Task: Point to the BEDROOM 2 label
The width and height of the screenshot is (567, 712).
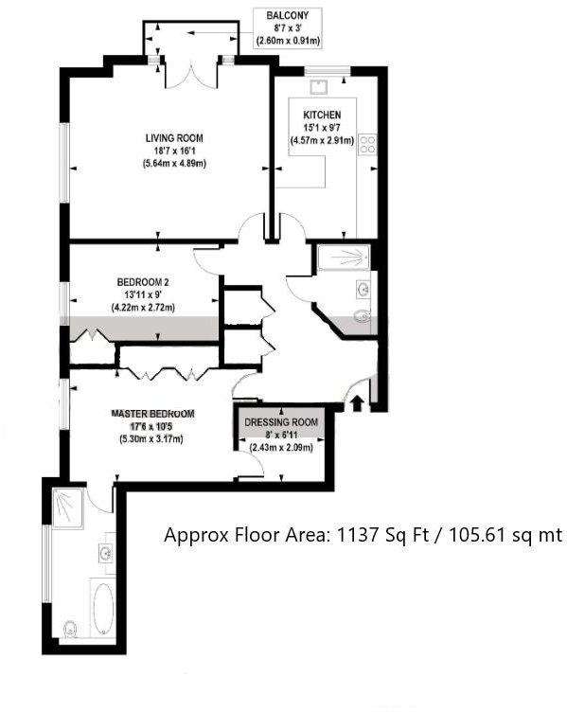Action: coord(143,282)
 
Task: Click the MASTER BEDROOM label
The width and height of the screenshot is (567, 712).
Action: coord(152,414)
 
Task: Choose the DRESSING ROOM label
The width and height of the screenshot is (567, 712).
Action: coord(281,422)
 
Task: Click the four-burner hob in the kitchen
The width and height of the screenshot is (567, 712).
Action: coord(367,145)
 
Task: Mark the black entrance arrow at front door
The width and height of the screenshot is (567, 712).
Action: coord(357,404)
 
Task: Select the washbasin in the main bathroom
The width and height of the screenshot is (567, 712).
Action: coord(363,288)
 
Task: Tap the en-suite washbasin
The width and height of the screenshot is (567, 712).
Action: coord(104,552)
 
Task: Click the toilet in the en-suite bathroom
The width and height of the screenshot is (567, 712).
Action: coord(69,628)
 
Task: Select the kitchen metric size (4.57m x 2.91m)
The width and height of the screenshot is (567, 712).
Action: coord(323,141)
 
